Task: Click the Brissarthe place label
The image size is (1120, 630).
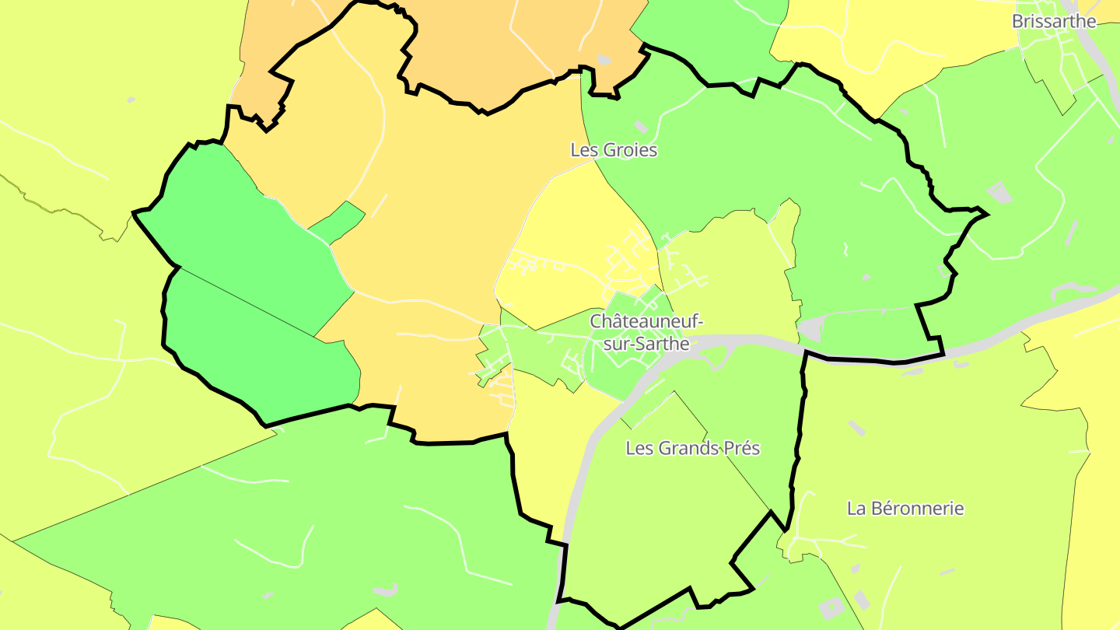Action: click(1053, 22)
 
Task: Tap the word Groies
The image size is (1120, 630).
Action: click(628, 150)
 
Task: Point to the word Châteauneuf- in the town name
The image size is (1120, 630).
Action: click(646, 321)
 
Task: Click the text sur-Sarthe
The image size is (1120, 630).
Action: click(646, 343)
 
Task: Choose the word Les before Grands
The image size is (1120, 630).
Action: click(639, 449)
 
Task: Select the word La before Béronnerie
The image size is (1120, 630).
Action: click(856, 509)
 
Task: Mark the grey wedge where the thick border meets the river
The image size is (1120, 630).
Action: click(812, 330)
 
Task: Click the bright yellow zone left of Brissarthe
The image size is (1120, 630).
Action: click(894, 47)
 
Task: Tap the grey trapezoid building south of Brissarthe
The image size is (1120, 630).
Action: click(999, 191)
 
